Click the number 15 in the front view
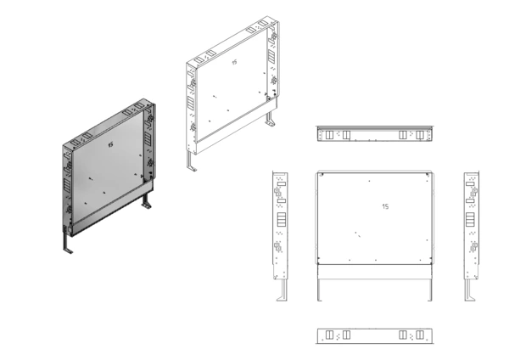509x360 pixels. click(x=385, y=206)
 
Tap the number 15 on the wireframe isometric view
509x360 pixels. click(x=234, y=62)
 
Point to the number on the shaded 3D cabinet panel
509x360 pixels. click(x=110, y=145)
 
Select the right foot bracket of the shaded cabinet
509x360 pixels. click(x=147, y=201)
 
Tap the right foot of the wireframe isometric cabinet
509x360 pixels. click(x=270, y=119)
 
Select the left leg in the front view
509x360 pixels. click(x=320, y=290)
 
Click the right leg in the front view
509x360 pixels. click(x=430, y=290)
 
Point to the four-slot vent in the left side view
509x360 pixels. click(x=281, y=219)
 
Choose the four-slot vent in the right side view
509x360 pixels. click(x=470, y=219)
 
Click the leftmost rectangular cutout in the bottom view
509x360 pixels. click(x=329, y=335)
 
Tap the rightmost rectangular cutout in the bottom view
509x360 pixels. click(x=420, y=335)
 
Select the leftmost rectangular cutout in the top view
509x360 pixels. click(x=329, y=135)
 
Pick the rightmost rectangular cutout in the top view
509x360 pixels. click(x=420, y=135)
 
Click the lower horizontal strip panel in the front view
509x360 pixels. click(x=375, y=272)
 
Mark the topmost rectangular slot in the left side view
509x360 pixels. click(x=282, y=184)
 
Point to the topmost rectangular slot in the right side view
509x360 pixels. click(x=470, y=184)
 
